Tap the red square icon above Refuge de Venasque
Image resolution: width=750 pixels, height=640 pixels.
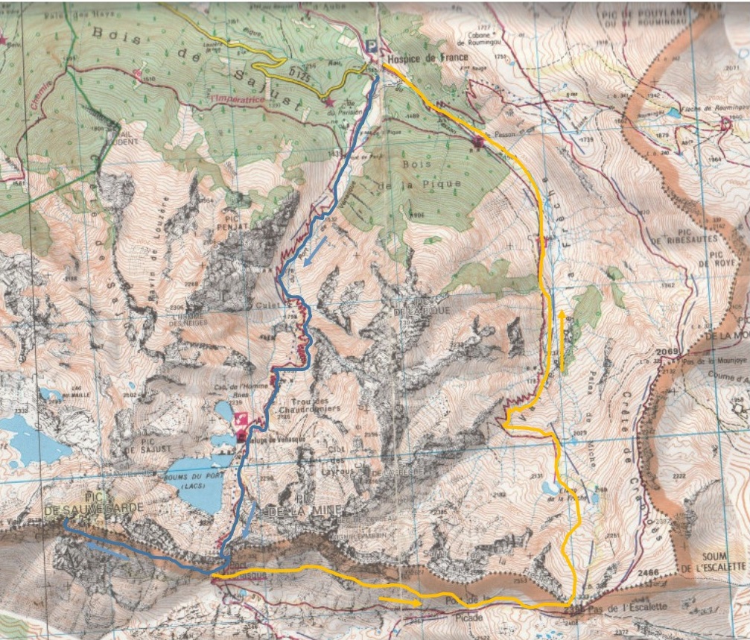241,420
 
